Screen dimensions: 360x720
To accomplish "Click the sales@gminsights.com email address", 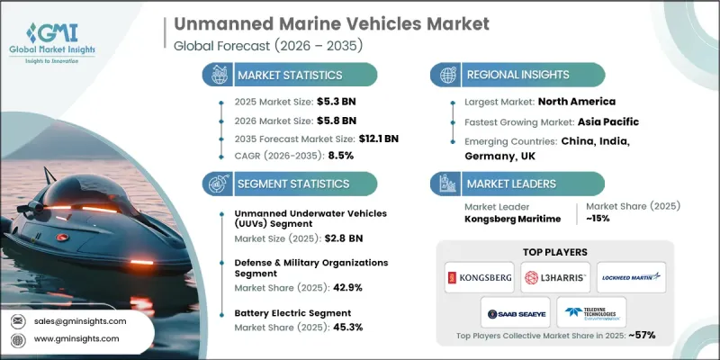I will pyautogui.click(x=80, y=319).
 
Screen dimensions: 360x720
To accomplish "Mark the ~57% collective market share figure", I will pyautogui.click(x=640, y=336).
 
